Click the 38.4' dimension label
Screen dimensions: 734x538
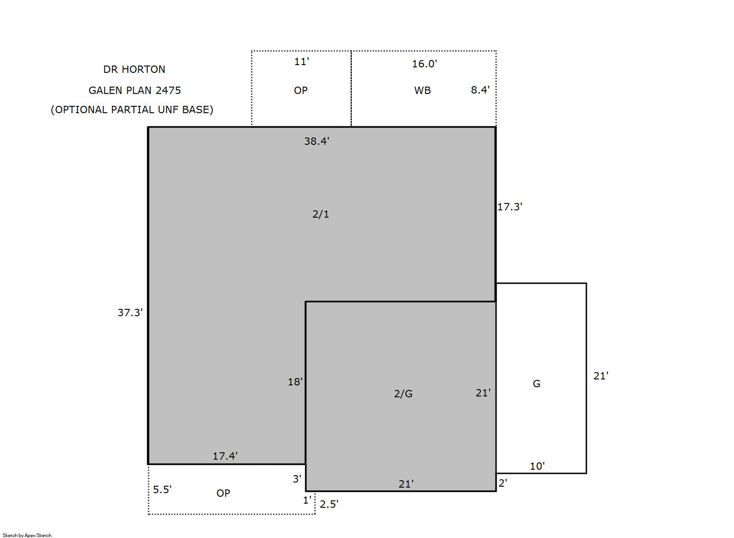(316, 141)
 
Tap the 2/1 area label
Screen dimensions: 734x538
(320, 214)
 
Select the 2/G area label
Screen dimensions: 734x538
(403, 394)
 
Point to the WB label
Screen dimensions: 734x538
(422, 90)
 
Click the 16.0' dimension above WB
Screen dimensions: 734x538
(425, 64)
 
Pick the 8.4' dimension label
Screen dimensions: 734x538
(480, 90)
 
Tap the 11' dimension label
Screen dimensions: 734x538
(302, 61)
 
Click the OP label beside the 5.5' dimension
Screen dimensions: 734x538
(223, 493)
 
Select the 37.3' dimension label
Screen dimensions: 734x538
(130, 313)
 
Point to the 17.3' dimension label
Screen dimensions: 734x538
(509, 207)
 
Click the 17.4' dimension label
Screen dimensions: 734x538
(225, 456)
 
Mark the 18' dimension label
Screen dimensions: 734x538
(295, 382)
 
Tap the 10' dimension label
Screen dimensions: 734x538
(537, 467)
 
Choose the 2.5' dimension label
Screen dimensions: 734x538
(329, 504)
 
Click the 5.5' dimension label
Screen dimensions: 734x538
(162, 489)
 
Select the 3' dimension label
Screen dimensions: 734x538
(297, 479)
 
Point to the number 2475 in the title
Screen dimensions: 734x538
(168, 90)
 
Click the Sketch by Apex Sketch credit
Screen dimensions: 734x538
(27, 535)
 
